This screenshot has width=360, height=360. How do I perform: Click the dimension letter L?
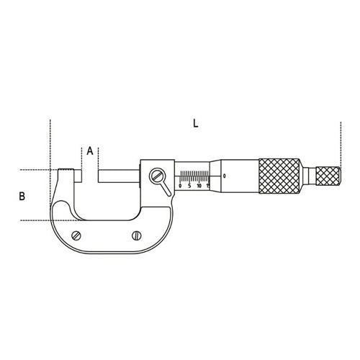pos(196,124)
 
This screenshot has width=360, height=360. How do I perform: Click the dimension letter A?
pos(90,150)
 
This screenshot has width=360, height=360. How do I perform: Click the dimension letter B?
pos(22,196)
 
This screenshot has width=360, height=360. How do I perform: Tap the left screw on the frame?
pos(76,235)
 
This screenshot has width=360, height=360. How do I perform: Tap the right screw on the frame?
pos(137,235)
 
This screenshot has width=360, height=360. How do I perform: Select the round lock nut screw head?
pos(157,176)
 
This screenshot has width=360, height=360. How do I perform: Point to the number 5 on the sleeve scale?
pos(189,186)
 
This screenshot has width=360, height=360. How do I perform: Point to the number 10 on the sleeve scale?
pos(199,186)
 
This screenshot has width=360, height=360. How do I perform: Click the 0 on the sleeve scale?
pos(180,186)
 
